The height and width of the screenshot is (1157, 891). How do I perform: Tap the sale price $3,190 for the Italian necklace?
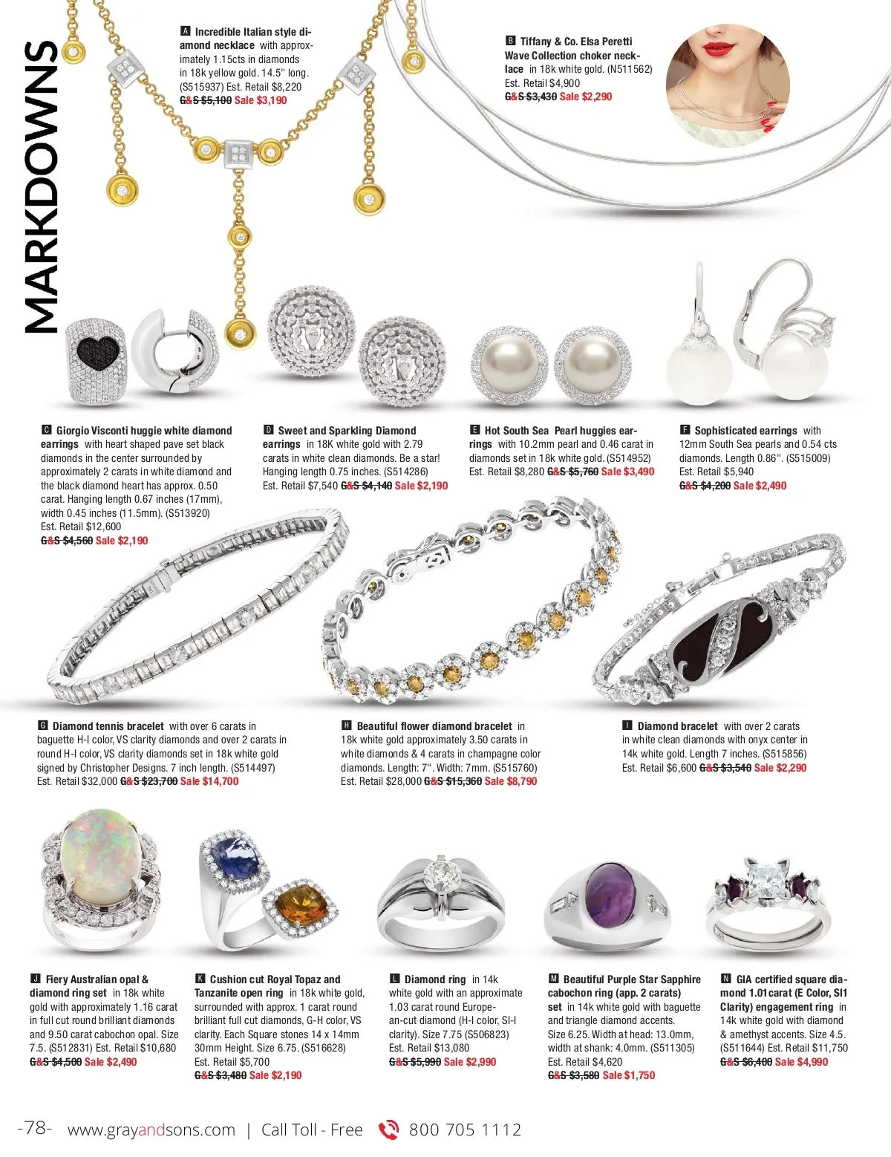pyautogui.click(x=261, y=100)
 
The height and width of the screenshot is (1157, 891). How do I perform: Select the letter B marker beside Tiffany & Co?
pyautogui.click(x=510, y=42)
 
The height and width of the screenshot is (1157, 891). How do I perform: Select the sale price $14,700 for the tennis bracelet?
pyautogui.click(x=209, y=781)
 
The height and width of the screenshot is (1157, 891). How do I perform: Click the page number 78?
pyautogui.click(x=35, y=1128)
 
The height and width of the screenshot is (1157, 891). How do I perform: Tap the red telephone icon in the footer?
pyautogui.click(x=388, y=1130)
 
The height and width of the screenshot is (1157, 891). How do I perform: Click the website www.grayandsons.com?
pyautogui.click(x=151, y=1130)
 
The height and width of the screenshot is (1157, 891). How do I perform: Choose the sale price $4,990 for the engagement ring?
pyautogui.click(x=801, y=1062)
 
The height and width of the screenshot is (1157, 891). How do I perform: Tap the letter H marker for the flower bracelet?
pyautogui.click(x=346, y=726)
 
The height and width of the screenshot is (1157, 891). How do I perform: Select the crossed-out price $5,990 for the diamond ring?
pyautogui.click(x=415, y=1062)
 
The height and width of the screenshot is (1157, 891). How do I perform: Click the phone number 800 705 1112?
pyautogui.click(x=466, y=1130)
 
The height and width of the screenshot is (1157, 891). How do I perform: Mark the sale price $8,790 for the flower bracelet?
pyautogui.click(x=511, y=781)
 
